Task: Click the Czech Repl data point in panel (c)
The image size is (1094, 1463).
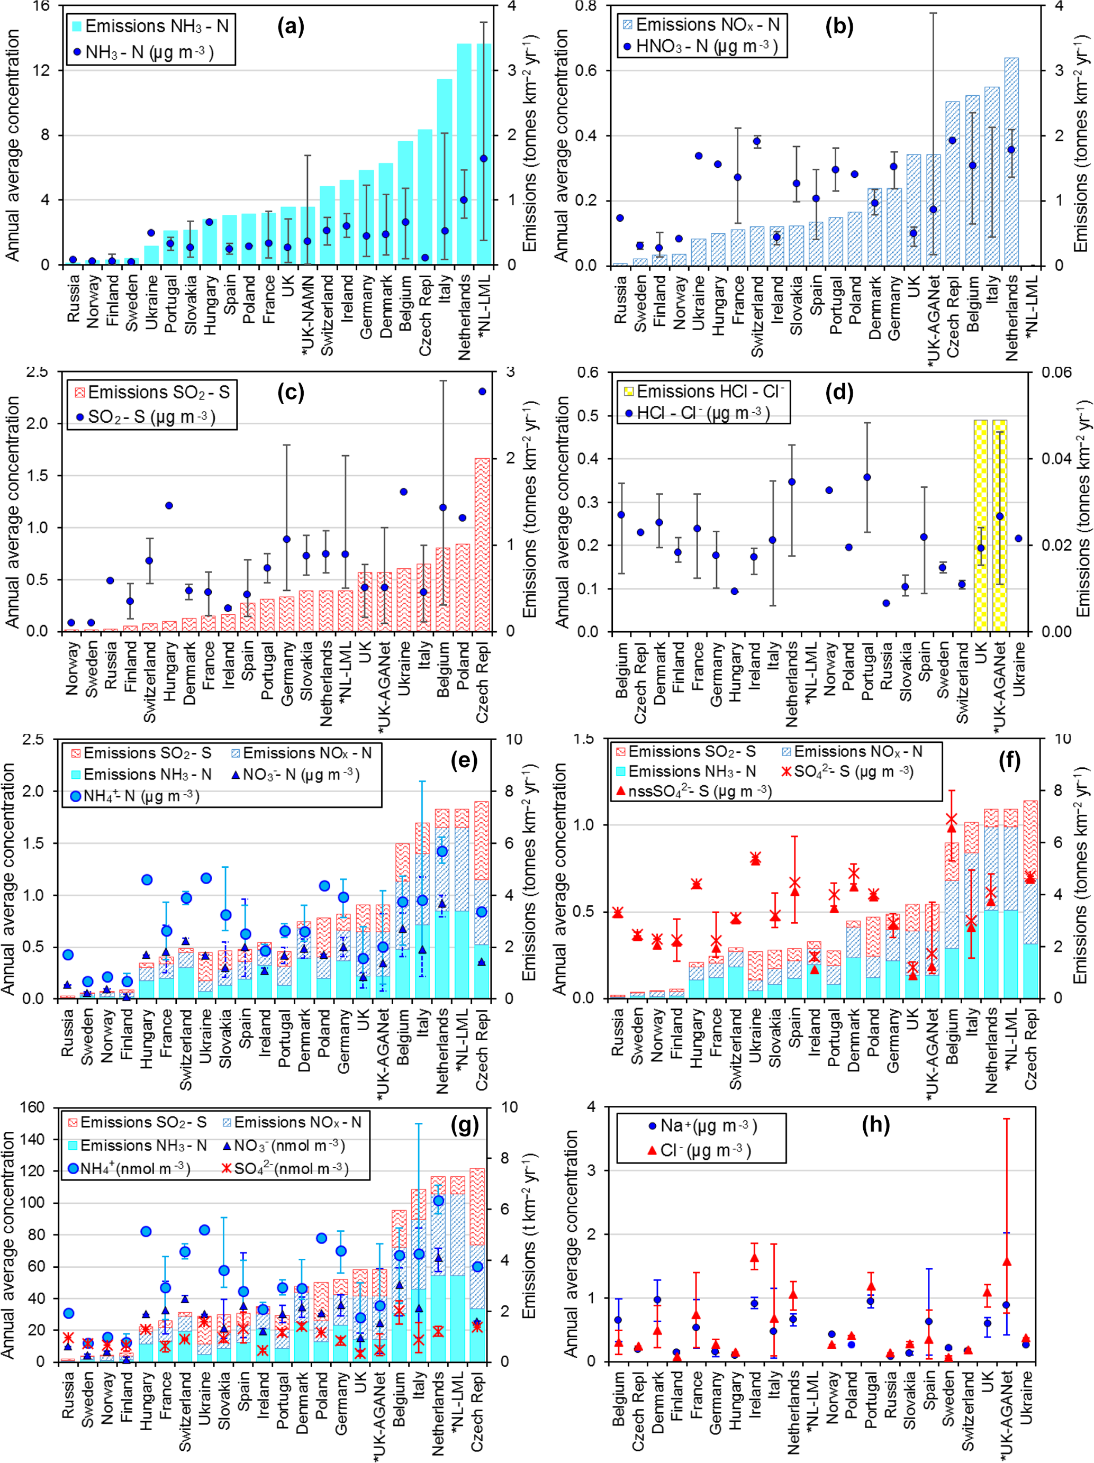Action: pos(482,392)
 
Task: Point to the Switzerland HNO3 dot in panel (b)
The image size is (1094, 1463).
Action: pos(757,141)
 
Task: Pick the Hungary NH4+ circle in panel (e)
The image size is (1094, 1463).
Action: pos(146,879)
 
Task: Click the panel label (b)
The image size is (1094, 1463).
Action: pos(839,26)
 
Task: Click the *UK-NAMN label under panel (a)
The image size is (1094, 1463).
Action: pos(308,314)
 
